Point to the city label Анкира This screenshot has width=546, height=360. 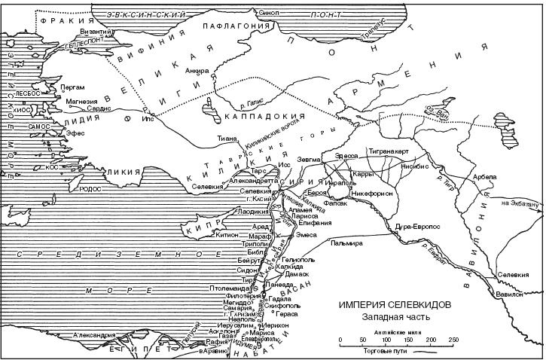pos(197,72)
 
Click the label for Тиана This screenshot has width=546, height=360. pos(227,139)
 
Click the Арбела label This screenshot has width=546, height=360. pos(485,178)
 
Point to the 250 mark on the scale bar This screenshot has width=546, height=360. pos(453,340)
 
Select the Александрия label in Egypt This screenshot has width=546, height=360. pos(93,334)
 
